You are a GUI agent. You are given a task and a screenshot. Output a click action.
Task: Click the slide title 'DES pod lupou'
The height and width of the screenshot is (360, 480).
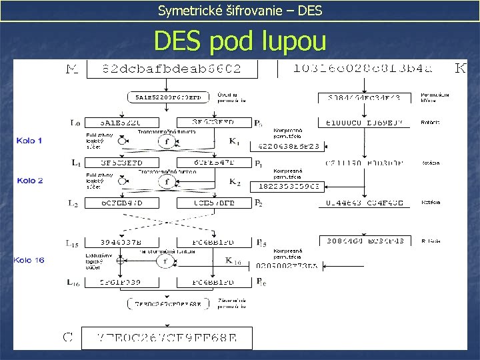tap(240, 41)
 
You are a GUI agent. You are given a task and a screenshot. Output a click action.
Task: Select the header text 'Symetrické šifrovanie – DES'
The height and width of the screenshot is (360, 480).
tap(239, 10)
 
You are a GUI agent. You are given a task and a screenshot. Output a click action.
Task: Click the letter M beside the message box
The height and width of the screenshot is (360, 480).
tap(73, 68)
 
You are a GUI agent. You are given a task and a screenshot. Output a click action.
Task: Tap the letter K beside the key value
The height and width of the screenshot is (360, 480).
tap(460, 68)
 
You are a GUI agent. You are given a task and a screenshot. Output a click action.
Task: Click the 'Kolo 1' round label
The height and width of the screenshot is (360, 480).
tap(31, 141)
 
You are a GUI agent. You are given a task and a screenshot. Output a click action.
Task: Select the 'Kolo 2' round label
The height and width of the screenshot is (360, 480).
tap(31, 181)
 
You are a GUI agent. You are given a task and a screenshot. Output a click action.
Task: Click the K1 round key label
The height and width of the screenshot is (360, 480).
tap(234, 141)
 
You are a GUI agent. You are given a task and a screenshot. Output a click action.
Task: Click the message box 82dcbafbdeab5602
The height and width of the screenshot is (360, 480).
tap(172, 68)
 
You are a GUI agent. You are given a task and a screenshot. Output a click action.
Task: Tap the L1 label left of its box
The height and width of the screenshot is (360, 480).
tap(77, 163)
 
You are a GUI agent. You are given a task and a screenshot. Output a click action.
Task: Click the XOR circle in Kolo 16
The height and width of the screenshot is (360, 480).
tap(119, 261)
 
